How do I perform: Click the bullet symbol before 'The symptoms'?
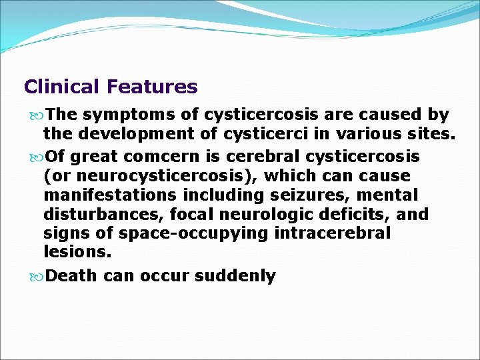pos(37,115)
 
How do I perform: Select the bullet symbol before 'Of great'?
pos(37,157)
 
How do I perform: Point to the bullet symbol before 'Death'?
pos(37,276)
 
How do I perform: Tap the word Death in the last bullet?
pos(73,276)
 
